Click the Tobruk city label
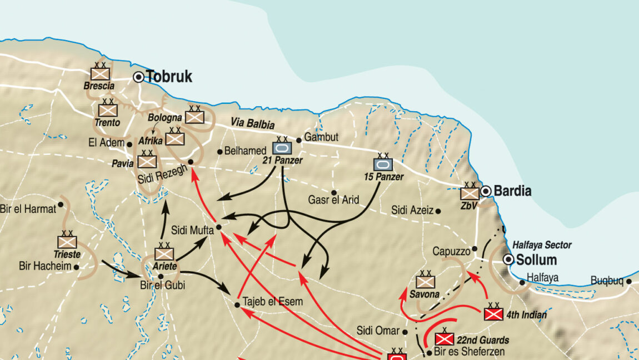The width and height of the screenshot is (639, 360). click(x=169, y=77)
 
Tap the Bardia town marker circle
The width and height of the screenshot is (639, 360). click(x=486, y=191)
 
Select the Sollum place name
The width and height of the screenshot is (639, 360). click(x=536, y=260)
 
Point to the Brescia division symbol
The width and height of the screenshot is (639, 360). click(x=101, y=74)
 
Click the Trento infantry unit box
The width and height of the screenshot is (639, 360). click(x=108, y=110)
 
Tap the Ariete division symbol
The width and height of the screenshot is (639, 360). click(x=164, y=254)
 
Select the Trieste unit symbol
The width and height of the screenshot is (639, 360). click(x=67, y=242)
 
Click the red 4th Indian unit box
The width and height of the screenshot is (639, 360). click(x=493, y=314)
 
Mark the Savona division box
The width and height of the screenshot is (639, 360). click(x=425, y=282)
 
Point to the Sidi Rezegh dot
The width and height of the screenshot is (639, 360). click(x=191, y=162)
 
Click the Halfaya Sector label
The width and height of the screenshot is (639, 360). click(x=542, y=245)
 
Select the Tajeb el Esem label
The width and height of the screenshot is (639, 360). click(x=273, y=302)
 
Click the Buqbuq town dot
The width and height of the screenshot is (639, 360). click(x=629, y=281)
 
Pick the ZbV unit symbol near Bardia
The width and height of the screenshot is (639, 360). click(x=469, y=193)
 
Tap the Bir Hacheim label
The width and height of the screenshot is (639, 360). click(x=45, y=266)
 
